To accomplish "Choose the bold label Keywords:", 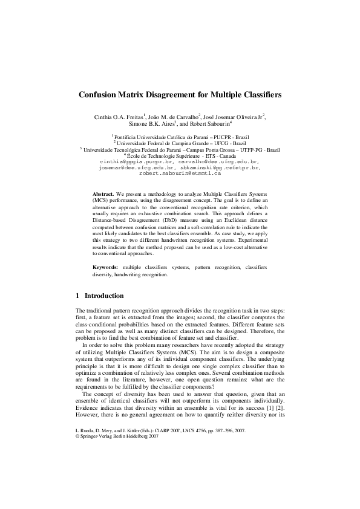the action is (105, 267).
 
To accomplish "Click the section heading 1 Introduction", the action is (100, 296).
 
